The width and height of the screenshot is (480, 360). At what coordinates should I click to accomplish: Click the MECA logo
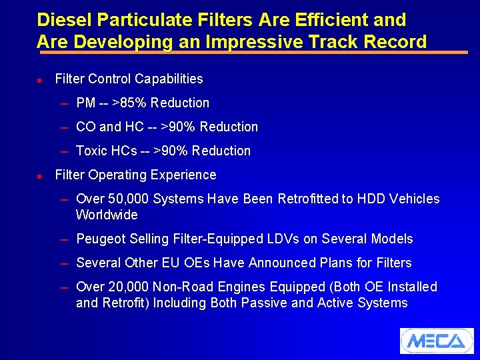click(437, 341)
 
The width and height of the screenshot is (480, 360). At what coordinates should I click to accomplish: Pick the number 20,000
click(128, 287)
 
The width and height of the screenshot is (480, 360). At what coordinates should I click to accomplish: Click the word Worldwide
click(107, 215)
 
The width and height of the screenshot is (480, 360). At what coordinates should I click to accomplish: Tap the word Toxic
click(91, 151)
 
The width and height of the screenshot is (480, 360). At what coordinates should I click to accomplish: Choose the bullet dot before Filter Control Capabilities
click(40, 79)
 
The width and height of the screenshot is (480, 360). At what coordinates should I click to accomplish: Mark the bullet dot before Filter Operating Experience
click(40, 175)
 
